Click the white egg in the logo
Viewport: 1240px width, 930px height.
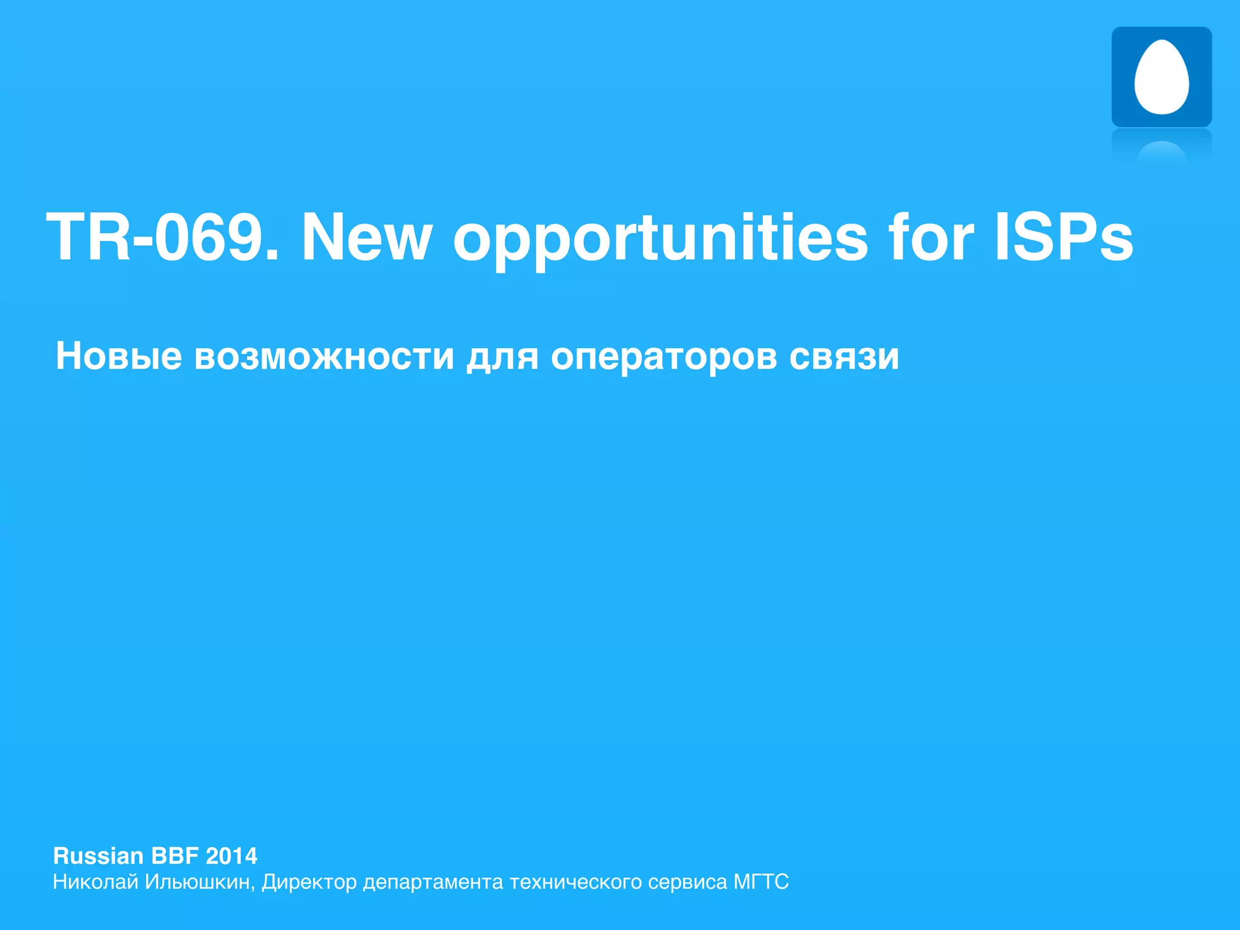tap(1161, 77)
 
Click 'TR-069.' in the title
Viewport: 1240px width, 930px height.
tap(162, 237)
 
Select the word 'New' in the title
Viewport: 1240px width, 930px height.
tap(367, 237)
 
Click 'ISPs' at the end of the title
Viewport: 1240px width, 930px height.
tap(1063, 237)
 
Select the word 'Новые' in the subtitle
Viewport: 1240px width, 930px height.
tap(119, 356)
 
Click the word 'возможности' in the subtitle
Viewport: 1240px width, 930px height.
tap(324, 356)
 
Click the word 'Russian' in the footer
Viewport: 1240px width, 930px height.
tap(98, 856)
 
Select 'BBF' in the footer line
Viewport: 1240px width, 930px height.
tap(175, 856)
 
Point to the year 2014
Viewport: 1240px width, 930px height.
tap(231, 856)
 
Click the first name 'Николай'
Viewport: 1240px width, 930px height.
tap(95, 882)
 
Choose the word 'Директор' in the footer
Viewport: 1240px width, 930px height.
tap(309, 883)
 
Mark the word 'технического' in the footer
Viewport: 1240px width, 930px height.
tap(575, 882)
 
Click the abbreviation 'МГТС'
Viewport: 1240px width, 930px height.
tap(761, 882)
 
